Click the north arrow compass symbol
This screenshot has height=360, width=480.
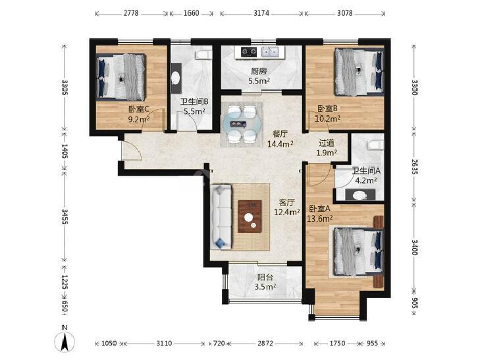[65, 340]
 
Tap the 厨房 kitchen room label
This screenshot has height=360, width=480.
[259, 72]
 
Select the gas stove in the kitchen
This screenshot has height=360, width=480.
[249, 52]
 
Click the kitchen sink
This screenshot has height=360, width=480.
[270, 52]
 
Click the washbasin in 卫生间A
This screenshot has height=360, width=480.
[360, 195]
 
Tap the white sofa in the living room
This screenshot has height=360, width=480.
[221, 217]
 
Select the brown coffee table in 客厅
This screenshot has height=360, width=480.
[250, 217]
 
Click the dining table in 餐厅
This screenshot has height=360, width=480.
[242, 124]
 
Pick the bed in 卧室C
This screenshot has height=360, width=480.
[120, 77]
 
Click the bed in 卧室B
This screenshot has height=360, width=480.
[359, 72]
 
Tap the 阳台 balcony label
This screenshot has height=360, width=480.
[265, 278]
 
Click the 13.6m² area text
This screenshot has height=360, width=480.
[319, 219]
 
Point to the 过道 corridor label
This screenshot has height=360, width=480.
[327, 143]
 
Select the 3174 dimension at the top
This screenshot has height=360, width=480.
[261, 13]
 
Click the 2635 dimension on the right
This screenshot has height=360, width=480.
[414, 167]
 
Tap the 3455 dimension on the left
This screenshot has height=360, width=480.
[65, 217]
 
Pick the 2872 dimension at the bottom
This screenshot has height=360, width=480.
[265, 343]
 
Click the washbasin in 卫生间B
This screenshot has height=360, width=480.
[176, 78]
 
